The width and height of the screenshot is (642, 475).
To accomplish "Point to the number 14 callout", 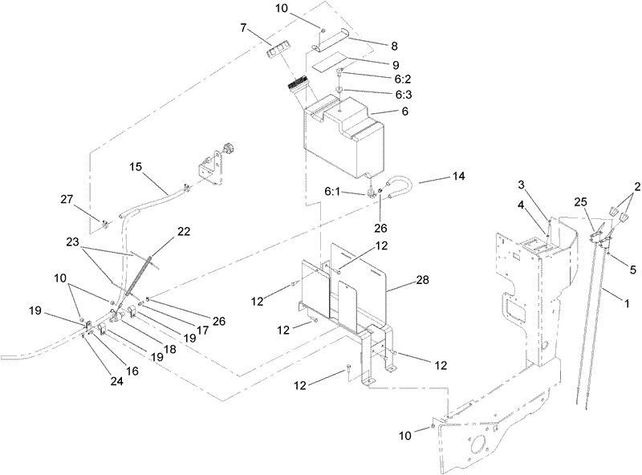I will click(457, 174).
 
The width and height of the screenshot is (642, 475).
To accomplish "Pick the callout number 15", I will click(135, 167).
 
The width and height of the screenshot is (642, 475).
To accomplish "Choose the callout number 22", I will click(184, 231).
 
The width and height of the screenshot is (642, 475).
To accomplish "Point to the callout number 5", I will click(632, 270).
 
